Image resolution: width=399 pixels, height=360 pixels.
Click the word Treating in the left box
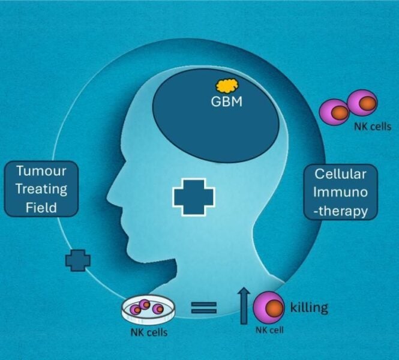41,189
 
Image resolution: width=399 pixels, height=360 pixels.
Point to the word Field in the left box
41,208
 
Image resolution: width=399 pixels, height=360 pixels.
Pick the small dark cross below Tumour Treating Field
78,260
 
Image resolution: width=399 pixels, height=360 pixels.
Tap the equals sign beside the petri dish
204,309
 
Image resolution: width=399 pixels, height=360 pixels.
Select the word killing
309,308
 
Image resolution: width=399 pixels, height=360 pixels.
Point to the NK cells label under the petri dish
149,332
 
